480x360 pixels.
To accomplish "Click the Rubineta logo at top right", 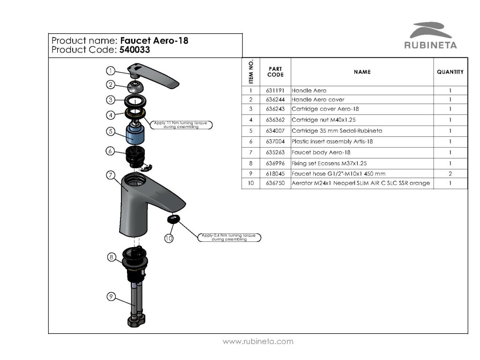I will (430, 35).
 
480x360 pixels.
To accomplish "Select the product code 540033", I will (135, 50).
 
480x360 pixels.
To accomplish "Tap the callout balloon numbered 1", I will (110, 71).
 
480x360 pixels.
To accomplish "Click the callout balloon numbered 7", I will (110, 175).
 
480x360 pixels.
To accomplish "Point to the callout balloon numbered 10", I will (169, 238).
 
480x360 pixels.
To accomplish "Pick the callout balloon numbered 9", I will (111, 296).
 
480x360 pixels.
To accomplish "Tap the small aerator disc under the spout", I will (174, 219).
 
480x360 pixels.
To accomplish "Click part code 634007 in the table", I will (275, 131).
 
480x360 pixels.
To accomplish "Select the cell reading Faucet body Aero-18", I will (321, 152).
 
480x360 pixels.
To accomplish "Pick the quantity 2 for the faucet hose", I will (450, 173).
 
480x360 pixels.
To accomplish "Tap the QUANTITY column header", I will (450, 72).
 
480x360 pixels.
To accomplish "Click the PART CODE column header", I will (275, 72).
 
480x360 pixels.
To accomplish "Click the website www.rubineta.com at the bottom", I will (258, 341).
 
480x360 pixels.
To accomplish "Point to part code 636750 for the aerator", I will (275, 183).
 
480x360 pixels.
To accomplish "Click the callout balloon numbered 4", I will (110, 114).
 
